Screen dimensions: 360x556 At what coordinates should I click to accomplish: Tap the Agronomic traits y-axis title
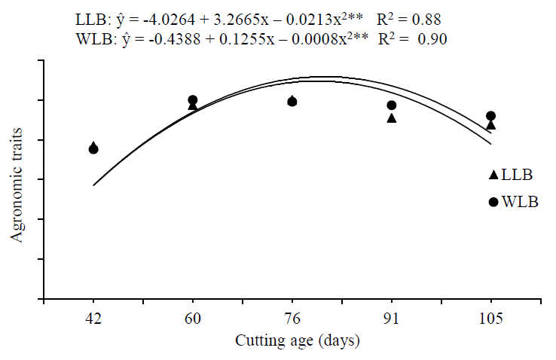[17, 185]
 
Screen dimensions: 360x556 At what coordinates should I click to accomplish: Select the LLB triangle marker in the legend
[493, 175]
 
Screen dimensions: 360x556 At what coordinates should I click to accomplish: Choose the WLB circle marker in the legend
[493, 202]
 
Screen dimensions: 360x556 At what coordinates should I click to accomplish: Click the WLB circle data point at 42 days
[93, 149]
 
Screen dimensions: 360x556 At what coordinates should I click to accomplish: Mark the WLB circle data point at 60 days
[193, 100]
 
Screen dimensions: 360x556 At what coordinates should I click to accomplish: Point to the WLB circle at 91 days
[392, 105]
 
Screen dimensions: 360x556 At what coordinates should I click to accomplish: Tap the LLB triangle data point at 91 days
[392, 118]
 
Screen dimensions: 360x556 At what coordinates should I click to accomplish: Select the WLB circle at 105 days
[490, 116]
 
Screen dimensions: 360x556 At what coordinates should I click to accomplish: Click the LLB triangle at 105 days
[490, 125]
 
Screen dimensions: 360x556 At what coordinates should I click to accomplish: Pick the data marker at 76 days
[292, 101]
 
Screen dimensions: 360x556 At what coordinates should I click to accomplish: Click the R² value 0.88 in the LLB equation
[427, 17]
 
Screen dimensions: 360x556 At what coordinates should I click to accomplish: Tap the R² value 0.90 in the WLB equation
[432, 40]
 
